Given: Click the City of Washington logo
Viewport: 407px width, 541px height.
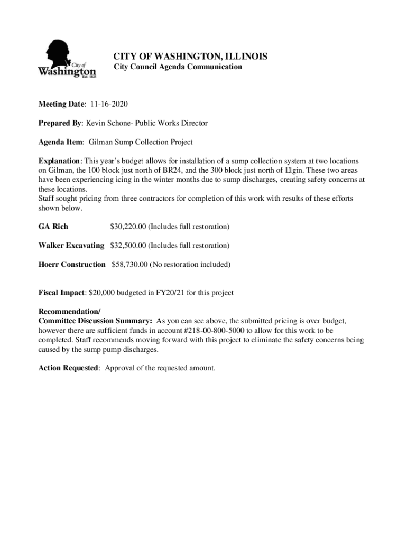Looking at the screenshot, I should (67, 59).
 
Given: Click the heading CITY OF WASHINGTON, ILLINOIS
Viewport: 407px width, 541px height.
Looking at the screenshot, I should (191, 56).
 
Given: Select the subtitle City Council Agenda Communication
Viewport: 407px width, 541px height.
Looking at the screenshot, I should (178, 67).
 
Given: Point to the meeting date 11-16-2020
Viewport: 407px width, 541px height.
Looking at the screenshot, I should (109, 104).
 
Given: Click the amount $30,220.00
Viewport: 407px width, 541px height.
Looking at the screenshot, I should (127, 227).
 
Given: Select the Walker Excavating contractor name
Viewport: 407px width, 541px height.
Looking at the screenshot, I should (71, 246).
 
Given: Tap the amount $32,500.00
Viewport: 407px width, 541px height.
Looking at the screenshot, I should (127, 246).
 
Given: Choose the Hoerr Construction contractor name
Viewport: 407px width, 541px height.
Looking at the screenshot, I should (72, 264).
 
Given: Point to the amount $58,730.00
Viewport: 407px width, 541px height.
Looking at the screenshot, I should (129, 264).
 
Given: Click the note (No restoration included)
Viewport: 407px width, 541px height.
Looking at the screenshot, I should (190, 264).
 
